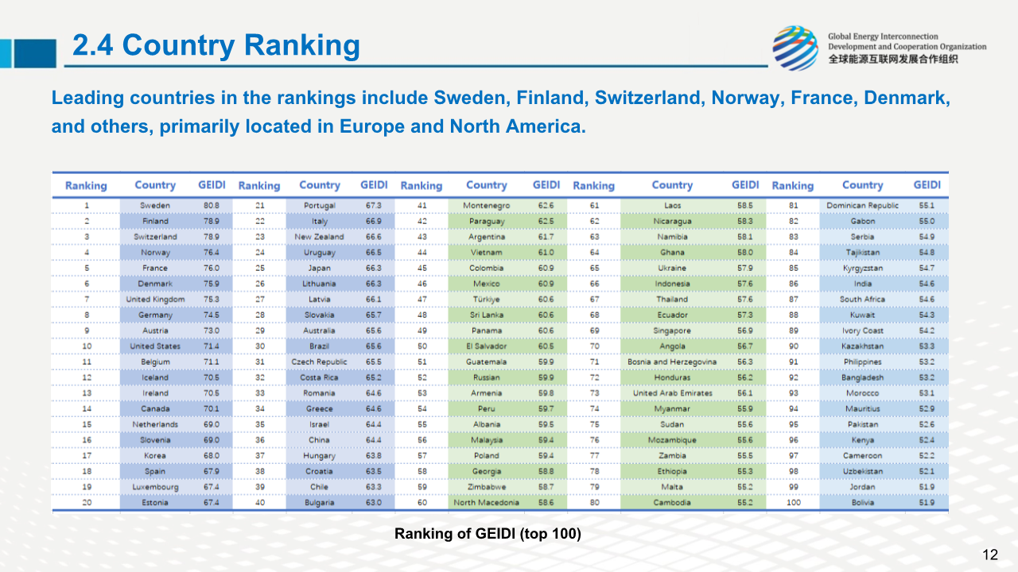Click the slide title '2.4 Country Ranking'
point(216,46)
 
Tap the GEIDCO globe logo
point(795,48)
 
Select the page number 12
point(990,555)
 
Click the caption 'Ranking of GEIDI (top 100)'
point(488,534)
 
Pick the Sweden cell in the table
point(155,206)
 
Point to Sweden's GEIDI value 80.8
point(211,206)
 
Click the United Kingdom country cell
point(155,300)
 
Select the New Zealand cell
point(319,237)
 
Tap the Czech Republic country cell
point(319,361)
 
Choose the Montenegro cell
point(486,206)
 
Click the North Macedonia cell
point(486,502)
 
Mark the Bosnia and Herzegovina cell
point(672,361)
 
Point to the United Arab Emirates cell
point(672,393)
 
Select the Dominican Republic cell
point(862,206)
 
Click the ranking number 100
point(793,502)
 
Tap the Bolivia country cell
point(862,502)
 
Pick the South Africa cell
point(862,300)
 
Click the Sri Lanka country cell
point(486,315)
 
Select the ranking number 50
point(422,346)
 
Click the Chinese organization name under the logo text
point(892,59)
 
